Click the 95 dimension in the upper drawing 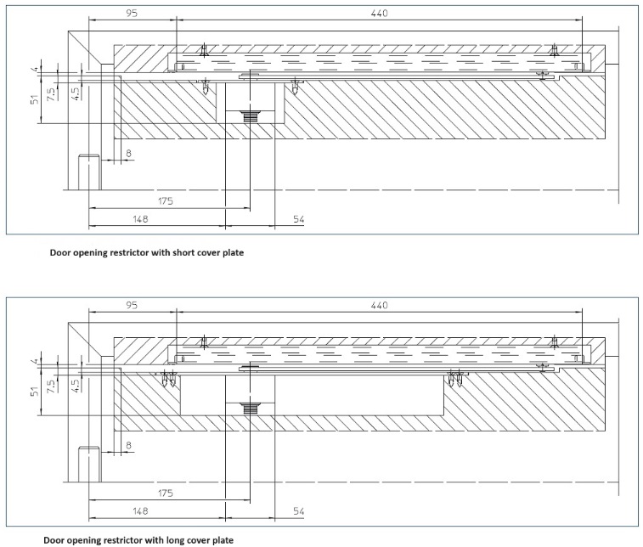tap(130, 14)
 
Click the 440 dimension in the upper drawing tap(379, 14)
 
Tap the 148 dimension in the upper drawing tap(141, 220)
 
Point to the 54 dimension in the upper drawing tap(298, 220)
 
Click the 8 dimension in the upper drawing tap(128, 153)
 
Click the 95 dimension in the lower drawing tap(130, 305)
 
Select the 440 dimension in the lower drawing tap(379, 305)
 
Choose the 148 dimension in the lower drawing tap(141, 511)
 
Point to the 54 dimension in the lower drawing tap(298, 511)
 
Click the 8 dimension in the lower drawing tap(128, 444)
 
